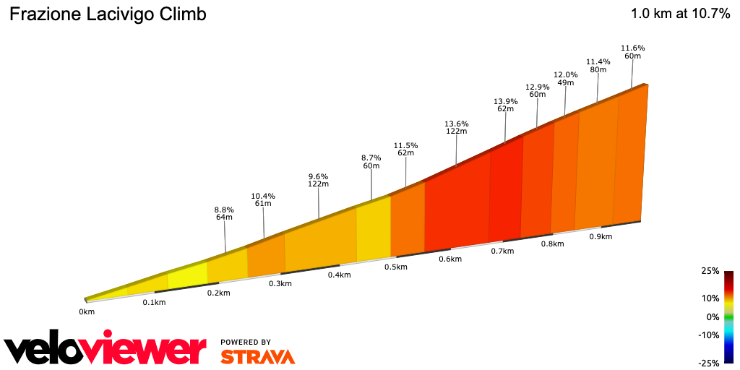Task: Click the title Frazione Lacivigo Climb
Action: point(107,14)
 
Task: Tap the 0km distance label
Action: point(87,312)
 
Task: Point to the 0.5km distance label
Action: point(395,267)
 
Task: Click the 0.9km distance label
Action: point(601,236)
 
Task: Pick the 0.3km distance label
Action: point(280,283)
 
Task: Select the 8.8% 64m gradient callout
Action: point(224,213)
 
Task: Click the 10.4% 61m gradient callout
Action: point(263,199)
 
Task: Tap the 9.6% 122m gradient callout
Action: point(318,180)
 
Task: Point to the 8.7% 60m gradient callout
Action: point(371,161)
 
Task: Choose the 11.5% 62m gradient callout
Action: point(405,149)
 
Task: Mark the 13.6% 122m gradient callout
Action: point(456,127)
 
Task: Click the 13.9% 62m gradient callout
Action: point(505,105)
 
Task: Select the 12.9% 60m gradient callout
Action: point(537,90)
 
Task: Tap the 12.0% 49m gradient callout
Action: point(565,78)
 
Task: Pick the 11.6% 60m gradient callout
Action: point(633,51)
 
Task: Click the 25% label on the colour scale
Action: point(710,271)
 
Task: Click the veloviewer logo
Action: point(106,350)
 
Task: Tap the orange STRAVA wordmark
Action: point(257,356)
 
